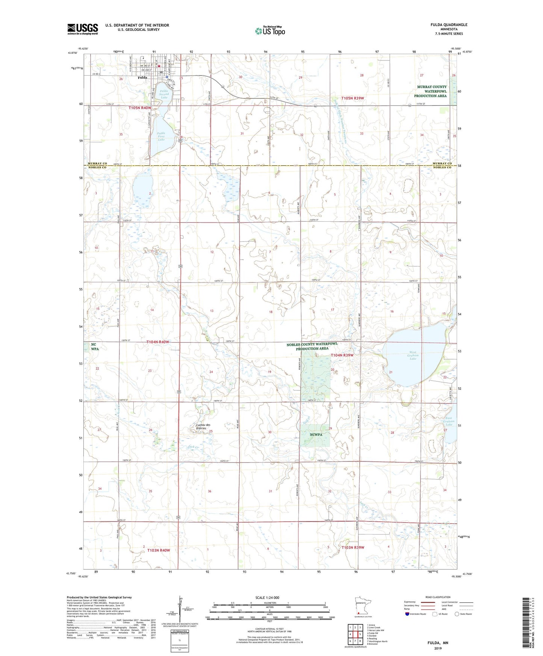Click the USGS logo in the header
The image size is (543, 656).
click(x=83, y=29)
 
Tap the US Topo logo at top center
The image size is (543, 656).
click(x=270, y=31)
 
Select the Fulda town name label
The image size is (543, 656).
click(x=142, y=78)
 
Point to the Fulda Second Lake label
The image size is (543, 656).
click(x=164, y=94)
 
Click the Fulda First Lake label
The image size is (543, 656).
click(x=161, y=136)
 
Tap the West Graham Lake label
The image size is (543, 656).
click(x=413, y=355)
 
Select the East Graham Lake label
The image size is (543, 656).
click(x=451, y=421)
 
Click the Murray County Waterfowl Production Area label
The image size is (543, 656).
click(x=431, y=91)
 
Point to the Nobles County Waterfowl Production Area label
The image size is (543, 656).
click(x=312, y=346)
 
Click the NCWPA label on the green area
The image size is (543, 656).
click(x=316, y=435)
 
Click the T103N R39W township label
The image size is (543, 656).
click(x=352, y=547)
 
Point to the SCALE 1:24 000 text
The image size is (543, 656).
click(x=267, y=597)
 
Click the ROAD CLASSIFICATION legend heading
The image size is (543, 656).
click(x=438, y=597)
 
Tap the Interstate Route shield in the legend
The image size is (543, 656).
click(x=408, y=614)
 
